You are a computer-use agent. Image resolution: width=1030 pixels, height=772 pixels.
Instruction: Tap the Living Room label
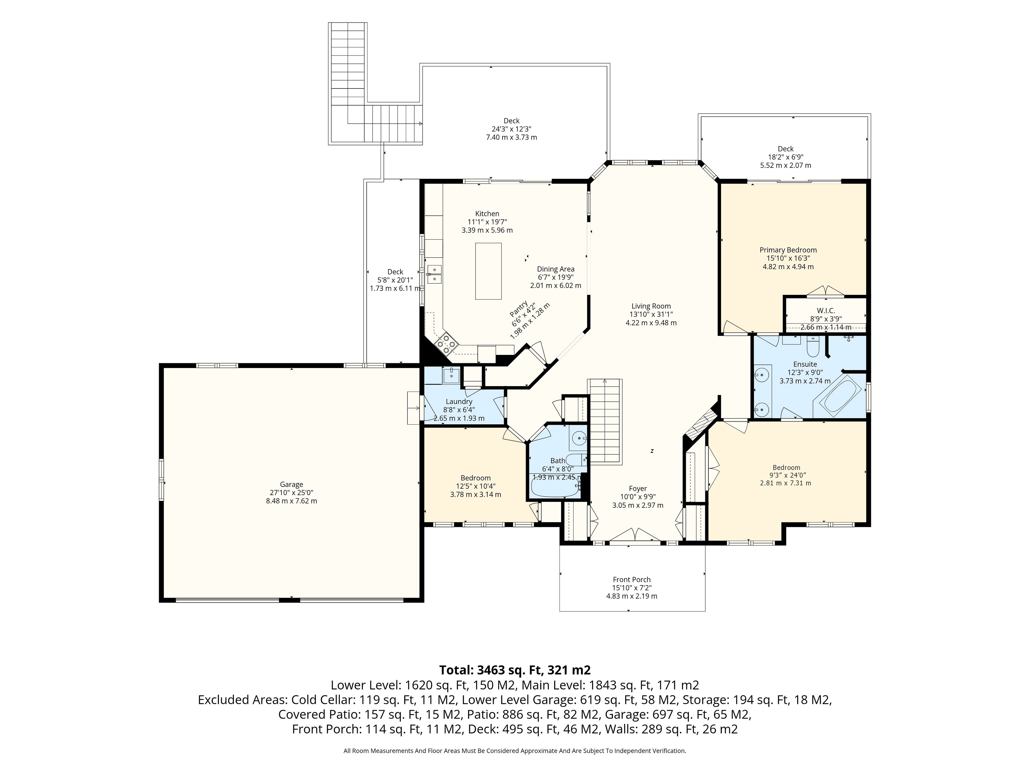651,306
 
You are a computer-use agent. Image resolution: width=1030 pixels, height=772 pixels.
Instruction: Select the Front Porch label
631,579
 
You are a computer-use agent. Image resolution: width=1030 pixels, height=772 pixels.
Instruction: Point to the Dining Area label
556,269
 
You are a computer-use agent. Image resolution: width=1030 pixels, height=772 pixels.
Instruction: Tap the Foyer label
638,489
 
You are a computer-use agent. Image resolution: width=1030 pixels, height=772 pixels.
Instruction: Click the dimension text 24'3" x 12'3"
511,129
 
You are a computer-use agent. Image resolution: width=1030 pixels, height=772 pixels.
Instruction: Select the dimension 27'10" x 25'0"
292,492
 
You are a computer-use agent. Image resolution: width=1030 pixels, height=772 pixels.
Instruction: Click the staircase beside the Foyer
604,421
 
